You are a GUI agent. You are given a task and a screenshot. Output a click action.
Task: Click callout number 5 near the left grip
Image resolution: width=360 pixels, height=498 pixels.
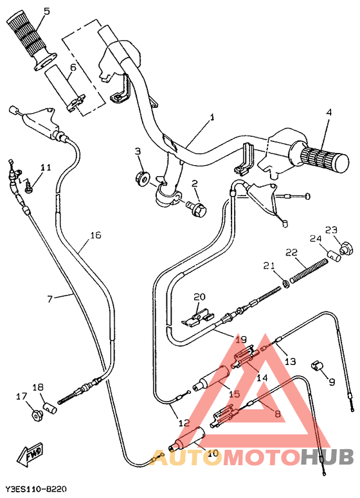pos(46,11)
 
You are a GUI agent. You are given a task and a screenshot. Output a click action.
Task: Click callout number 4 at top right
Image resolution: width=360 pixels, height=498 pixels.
pos(328,112)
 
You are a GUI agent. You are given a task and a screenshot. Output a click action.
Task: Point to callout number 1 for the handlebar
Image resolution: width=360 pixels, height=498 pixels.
pos(212,118)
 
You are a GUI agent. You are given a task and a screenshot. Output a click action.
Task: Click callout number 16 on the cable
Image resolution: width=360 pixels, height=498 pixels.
pos(95,236)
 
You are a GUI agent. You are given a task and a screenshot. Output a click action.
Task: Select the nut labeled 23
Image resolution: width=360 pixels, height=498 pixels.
pos(346,245)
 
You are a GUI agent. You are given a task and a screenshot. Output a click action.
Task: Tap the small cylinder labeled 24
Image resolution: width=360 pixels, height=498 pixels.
pos(334,256)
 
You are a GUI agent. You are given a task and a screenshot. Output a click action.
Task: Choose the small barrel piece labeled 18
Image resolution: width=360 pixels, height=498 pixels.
pos(50,406)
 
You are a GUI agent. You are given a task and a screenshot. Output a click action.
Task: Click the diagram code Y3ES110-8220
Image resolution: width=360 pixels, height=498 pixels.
pos(36,490)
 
